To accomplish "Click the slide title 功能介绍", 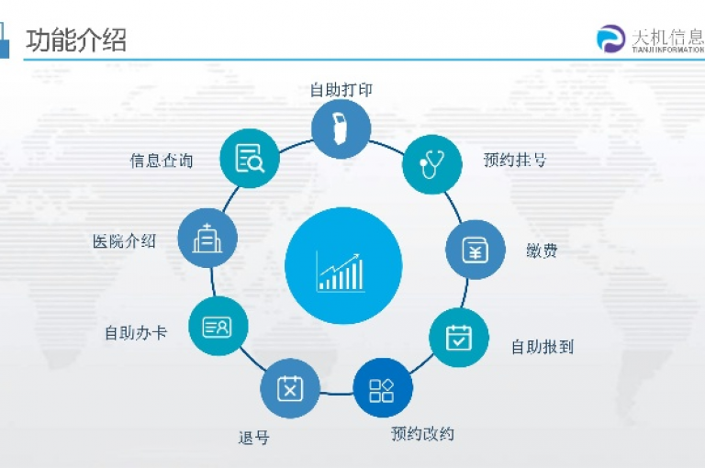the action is (75, 40).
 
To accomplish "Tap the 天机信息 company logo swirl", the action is (610, 39).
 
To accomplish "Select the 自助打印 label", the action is (341, 89).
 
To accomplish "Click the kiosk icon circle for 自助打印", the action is (341, 129).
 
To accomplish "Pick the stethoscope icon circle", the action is (432, 164).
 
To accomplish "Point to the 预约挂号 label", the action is (515, 160).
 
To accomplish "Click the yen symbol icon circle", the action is (476, 250).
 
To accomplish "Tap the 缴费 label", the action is (542, 251).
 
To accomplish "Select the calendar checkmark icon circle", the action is (459, 337).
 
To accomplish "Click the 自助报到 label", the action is (543, 347).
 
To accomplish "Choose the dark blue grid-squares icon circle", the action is (382, 388).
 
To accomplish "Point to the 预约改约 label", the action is (422, 433).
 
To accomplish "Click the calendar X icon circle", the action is (290, 388).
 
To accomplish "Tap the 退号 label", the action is (254, 438).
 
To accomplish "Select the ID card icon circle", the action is (218, 326).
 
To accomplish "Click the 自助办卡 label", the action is (136, 333).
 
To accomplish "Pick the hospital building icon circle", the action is (207, 238).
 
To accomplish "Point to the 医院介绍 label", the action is (124, 241).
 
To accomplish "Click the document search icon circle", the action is (250, 158).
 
